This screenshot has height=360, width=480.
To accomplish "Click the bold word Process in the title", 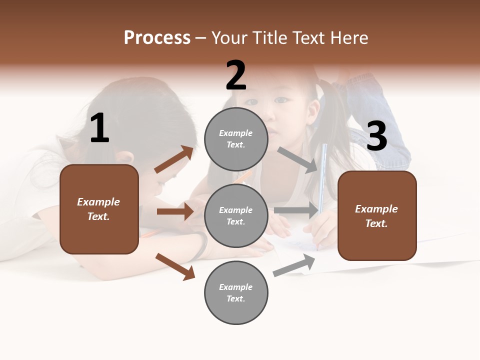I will point(157,38).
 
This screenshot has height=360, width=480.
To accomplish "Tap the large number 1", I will point(99,128).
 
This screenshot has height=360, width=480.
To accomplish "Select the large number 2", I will point(236,76).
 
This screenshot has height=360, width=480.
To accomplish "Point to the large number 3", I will point(376,136).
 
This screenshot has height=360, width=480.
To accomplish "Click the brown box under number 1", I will point(99,209).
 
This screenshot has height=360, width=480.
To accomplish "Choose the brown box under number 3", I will point(377,215).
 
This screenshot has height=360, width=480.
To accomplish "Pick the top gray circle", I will point(236,139).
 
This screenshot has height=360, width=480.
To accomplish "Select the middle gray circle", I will point(236,215).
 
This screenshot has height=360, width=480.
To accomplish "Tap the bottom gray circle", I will point(236,292).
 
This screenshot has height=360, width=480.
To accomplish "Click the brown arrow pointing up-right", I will point(173,159).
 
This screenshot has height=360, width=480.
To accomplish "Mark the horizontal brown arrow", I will point(174,211).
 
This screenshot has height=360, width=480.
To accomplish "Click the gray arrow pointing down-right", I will point(298,160).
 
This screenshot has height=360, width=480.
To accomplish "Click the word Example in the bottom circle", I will point(236,287).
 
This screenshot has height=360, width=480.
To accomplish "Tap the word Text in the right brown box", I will point(376,223).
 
